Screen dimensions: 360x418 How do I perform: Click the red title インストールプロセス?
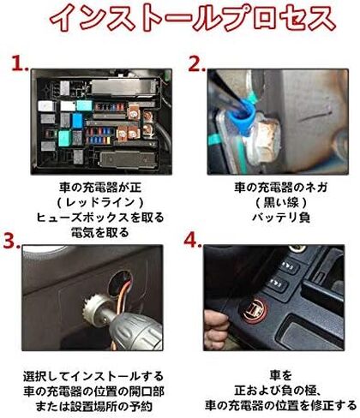193,19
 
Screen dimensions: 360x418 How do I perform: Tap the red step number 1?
20,63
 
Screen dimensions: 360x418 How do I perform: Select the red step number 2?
196,63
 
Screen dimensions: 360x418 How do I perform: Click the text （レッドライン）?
100,203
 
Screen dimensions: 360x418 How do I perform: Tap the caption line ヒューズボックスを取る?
100,218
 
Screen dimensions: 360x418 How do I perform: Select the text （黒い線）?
281,203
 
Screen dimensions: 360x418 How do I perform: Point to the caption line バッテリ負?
281,218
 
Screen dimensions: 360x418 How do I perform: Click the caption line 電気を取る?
100,233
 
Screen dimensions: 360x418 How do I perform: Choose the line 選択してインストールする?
93,376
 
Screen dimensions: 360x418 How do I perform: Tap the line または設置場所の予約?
93,406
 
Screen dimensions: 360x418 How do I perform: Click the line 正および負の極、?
279,391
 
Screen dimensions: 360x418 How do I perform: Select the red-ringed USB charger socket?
254,311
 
